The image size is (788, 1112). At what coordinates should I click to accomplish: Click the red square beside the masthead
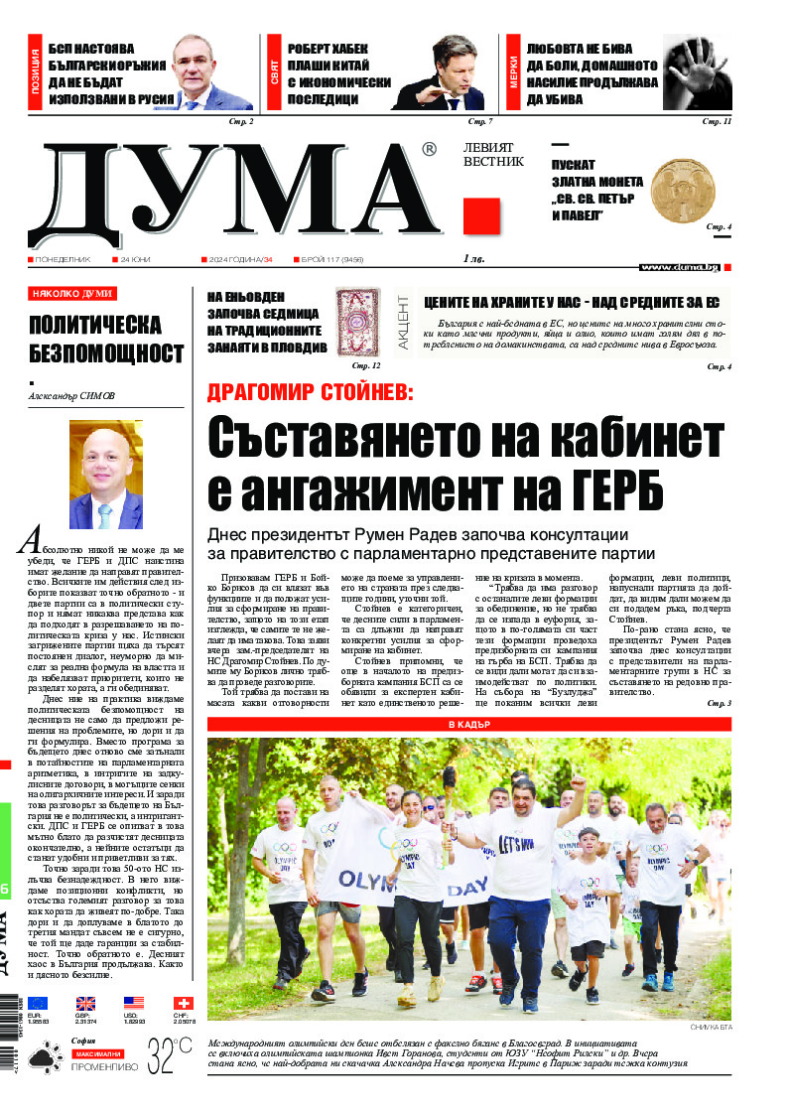click(481, 215)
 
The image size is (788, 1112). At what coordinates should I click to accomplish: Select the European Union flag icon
click(37, 1003)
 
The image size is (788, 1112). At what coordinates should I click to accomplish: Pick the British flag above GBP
click(85, 1003)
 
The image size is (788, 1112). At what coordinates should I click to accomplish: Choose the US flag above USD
click(134, 1003)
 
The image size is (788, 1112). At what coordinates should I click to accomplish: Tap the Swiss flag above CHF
click(184, 1003)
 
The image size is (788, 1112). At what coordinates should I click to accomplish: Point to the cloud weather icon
click(41, 1060)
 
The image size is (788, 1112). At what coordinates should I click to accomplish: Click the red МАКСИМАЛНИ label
click(97, 1052)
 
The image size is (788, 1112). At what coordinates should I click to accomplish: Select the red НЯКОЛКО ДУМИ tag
click(72, 293)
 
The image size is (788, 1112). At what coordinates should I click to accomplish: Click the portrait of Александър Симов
click(106, 475)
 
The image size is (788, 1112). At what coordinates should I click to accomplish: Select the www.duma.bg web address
click(679, 266)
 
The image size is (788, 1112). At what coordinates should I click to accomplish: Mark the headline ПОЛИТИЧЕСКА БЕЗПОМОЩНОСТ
click(106, 339)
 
